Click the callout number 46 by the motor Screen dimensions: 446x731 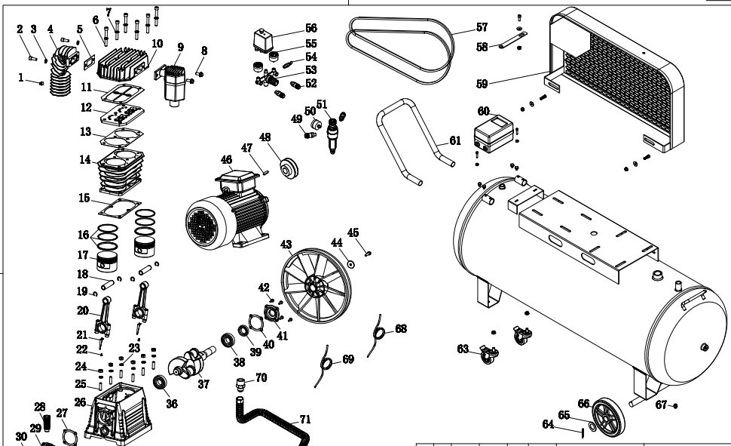(226, 159)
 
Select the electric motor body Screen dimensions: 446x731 (230, 213)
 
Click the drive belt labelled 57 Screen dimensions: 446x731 (403, 42)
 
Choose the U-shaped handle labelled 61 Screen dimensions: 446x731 (411, 140)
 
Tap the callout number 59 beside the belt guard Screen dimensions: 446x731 (485, 82)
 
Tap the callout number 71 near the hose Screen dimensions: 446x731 (304, 419)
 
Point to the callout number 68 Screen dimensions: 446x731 (400, 328)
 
